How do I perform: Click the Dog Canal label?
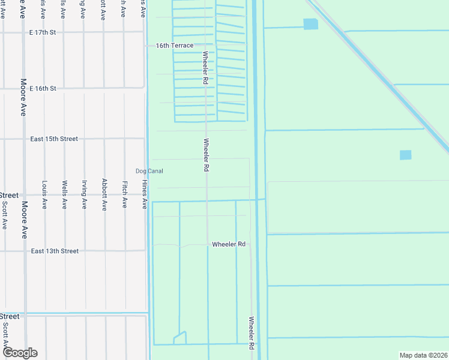click(149, 171)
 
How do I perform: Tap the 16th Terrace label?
click(174, 46)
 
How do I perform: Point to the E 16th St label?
click(44, 88)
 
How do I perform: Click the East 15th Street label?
click(54, 139)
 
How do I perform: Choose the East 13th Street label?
click(55, 251)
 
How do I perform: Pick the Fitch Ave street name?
click(124, 194)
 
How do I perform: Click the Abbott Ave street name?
click(104, 194)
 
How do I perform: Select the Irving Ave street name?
click(85, 194)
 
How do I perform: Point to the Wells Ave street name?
click(64, 194)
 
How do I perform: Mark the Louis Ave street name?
click(44, 194)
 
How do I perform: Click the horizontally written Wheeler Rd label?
click(229, 244)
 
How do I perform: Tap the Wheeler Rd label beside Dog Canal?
click(206, 155)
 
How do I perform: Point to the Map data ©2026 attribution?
click(422, 355)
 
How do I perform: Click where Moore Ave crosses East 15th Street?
click(24, 139)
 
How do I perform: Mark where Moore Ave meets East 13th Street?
click(24, 251)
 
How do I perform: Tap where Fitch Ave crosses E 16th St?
click(124, 88)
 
